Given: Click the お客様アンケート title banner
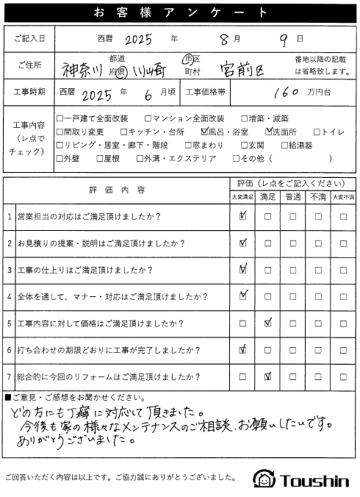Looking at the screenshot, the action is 179,12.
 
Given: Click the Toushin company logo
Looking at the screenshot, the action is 301,480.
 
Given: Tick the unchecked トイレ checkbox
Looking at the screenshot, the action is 317,132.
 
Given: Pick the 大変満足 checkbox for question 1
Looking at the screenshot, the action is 243,217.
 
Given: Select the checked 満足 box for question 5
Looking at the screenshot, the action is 268,323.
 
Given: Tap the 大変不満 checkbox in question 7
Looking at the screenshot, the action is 342,376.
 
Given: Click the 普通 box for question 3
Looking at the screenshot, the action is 292,270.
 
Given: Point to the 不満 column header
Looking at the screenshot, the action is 317,197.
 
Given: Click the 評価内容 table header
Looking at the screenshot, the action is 118,190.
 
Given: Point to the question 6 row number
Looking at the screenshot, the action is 9,349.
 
